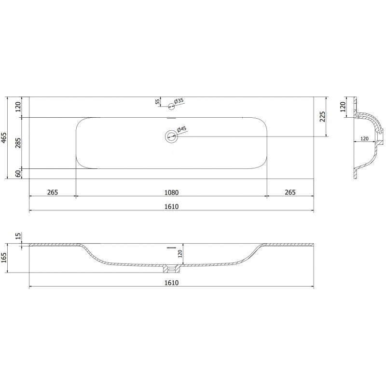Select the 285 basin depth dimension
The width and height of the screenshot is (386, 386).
point(18,143)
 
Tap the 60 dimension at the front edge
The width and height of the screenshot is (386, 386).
point(18,174)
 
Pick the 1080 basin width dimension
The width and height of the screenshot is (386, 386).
point(171,192)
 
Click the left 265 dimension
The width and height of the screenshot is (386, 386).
point(53,192)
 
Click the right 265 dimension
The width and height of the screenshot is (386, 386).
point(290,192)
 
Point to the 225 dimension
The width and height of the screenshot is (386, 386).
point(323,116)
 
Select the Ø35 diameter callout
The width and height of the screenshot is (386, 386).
point(179,101)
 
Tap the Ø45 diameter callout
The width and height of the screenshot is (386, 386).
point(181,129)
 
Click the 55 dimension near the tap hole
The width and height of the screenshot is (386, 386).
point(157,101)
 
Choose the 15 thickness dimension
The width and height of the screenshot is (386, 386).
point(18,236)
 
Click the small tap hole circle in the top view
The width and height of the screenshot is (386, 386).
point(171,106)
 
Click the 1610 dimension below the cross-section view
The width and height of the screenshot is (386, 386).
point(171,282)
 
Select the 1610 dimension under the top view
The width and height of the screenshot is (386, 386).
point(171,207)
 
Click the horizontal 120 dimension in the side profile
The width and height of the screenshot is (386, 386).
point(364,138)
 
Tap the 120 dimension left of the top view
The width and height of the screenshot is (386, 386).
point(18,107)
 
